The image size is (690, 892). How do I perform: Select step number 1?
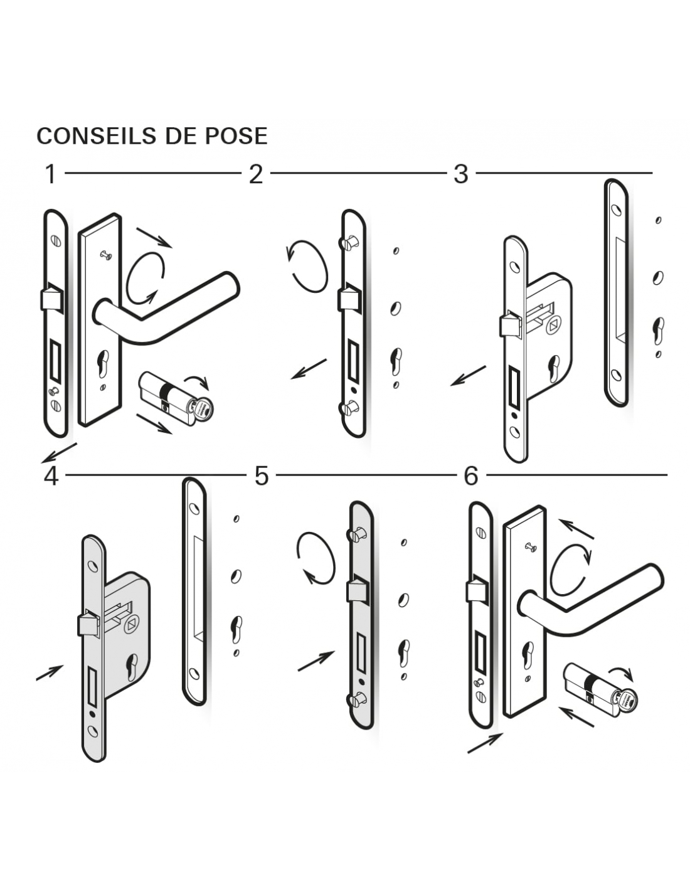(51, 174)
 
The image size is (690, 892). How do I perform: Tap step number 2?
(255, 174)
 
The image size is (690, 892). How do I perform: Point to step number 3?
(461, 174)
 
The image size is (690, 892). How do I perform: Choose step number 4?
(51, 476)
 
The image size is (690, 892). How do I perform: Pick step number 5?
(261, 476)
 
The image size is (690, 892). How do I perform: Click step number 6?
(470, 476)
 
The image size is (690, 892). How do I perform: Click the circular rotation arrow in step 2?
(307, 266)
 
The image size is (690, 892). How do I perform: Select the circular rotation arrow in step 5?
(316, 558)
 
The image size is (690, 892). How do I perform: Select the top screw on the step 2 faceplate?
(350, 242)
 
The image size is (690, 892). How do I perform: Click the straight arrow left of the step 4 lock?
(50, 672)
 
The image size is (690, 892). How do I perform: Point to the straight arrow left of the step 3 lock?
(468, 375)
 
